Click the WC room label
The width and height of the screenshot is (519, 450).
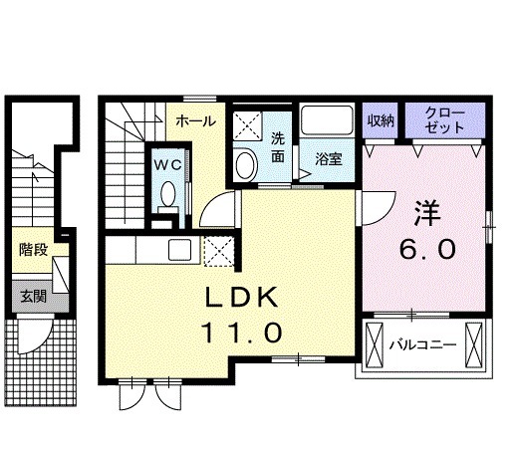pyautogui.click(x=168, y=164)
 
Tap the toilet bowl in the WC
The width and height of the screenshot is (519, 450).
pyautogui.click(x=168, y=193)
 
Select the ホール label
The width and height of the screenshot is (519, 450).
pyautogui.click(x=196, y=121)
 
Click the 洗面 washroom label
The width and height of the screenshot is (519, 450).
pyautogui.click(x=278, y=147)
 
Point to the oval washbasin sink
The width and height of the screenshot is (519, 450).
pyautogui.click(x=245, y=165)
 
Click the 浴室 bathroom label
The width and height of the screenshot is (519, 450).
pyautogui.click(x=329, y=159)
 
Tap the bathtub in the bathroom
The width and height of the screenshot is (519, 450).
pyautogui.click(x=327, y=120)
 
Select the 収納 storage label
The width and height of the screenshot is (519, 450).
pyautogui.click(x=381, y=120)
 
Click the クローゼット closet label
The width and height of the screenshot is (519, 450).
pyautogui.click(x=444, y=120)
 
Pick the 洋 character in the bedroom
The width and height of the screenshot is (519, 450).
pyautogui.click(x=427, y=213)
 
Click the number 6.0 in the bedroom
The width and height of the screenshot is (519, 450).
pyautogui.click(x=427, y=250)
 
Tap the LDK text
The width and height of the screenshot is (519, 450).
pyautogui.click(x=241, y=297)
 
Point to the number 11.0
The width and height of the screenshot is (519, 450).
pyautogui.click(x=241, y=333)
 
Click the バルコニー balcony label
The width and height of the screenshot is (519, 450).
pyautogui.click(x=422, y=345)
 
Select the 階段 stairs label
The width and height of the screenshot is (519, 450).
pyautogui.click(x=34, y=250)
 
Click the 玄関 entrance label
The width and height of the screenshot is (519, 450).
pyautogui.click(x=34, y=296)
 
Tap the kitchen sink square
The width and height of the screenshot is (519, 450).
pyautogui.click(x=179, y=250)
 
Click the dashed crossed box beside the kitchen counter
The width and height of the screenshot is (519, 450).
pyautogui.click(x=219, y=251)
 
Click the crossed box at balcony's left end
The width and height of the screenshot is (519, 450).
pyautogui.click(x=375, y=344)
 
